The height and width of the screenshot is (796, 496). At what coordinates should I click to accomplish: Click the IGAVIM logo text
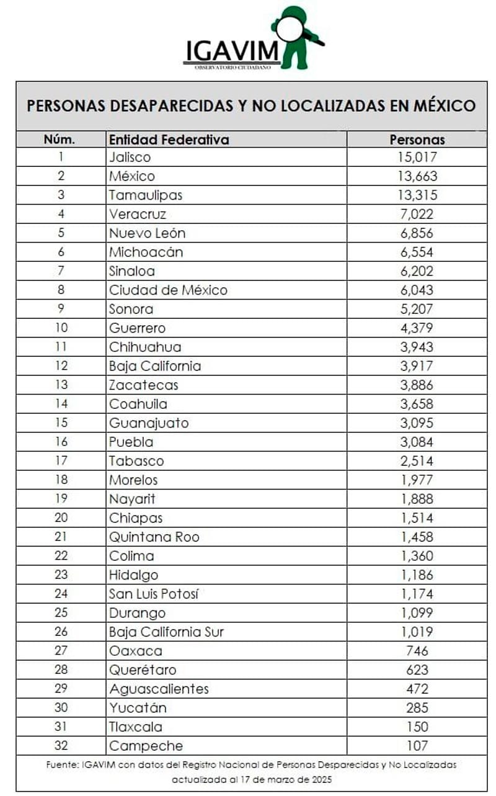coord(232,50)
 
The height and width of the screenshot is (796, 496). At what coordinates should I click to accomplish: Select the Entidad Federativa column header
coord(169,139)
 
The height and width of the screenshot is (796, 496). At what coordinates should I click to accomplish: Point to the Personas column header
coord(417,139)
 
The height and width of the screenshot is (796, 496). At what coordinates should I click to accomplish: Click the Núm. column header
coord(60,139)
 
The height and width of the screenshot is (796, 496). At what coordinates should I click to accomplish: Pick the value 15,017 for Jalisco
coord(417,158)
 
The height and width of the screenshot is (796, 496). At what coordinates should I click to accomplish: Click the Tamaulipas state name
coord(146,195)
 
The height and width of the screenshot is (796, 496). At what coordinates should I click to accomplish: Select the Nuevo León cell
coord(147,233)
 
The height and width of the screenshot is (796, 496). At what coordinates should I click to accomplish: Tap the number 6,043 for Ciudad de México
coord(417,290)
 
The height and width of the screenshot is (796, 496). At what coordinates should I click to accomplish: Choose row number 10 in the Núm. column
coord(61,328)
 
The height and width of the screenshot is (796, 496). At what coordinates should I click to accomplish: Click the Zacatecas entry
coord(143,385)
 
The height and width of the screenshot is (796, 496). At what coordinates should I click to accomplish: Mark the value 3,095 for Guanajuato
coord(417,423)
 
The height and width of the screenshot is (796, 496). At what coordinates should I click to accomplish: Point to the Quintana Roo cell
coord(154,537)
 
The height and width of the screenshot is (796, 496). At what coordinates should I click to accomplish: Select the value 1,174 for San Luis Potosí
coord(417,594)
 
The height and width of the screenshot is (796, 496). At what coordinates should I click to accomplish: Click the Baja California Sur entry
coord(166,632)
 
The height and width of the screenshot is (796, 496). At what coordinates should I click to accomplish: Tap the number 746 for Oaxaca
coord(417,651)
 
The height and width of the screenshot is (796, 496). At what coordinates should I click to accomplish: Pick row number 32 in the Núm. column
coord(61,746)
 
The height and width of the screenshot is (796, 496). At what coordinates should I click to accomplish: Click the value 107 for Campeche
coord(417,746)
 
